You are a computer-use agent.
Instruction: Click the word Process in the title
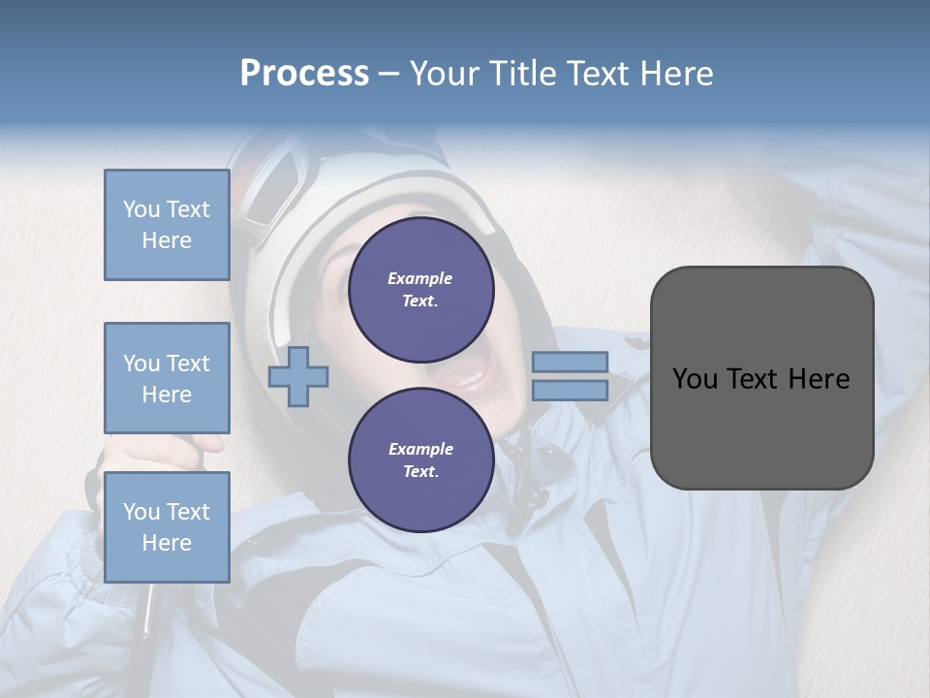(x=304, y=74)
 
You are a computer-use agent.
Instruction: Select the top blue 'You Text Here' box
(x=167, y=225)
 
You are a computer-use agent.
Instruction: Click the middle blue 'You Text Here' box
(x=167, y=378)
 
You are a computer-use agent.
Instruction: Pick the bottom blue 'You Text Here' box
(x=167, y=526)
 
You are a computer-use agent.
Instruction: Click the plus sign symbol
(x=298, y=376)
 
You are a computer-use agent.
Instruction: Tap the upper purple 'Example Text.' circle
(x=421, y=290)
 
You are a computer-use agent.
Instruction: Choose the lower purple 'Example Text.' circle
(x=421, y=460)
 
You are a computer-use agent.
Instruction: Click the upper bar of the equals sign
(x=570, y=362)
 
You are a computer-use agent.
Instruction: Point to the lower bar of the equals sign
(x=570, y=390)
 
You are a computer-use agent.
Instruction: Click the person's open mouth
(x=468, y=371)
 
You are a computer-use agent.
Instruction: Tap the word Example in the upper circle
(x=420, y=278)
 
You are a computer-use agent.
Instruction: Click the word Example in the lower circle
(x=420, y=449)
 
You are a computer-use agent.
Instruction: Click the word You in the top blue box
(x=141, y=209)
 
